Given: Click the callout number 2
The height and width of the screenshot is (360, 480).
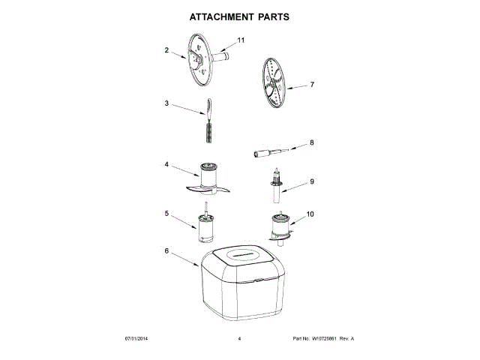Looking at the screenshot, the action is (166, 50).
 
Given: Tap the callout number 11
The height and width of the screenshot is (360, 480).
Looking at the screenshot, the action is (241, 40).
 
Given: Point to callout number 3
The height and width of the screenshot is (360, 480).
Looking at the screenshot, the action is (166, 103).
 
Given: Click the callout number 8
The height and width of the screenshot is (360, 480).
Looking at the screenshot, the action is (311, 142).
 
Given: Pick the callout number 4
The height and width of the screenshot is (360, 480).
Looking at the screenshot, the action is (166, 164).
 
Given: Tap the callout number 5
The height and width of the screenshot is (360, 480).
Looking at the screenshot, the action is (166, 213).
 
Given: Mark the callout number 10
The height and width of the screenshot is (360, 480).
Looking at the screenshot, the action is (310, 214).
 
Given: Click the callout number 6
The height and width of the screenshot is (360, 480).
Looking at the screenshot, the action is (166, 250).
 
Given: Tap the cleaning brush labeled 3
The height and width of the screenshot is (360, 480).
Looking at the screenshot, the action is (209, 121).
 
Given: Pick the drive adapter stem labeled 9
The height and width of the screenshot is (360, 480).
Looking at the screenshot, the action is (276, 187).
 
